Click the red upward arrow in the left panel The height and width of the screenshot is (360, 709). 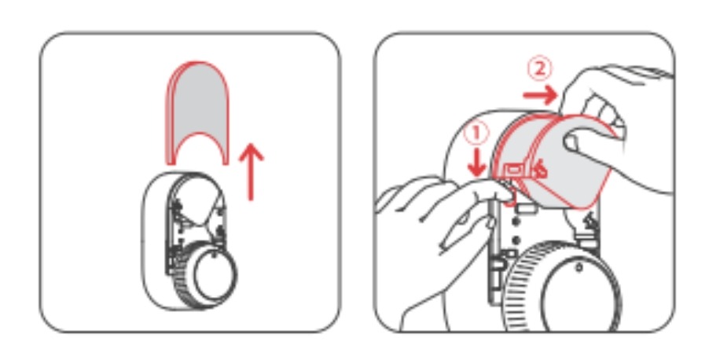pos(251,173)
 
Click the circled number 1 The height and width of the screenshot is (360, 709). pos(476,134)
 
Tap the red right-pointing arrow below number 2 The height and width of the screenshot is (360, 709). pos(540,95)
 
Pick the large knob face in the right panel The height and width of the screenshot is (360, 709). pos(581,294)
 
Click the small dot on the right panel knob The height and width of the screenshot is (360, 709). pos(579,268)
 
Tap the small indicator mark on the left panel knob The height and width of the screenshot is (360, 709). pos(214,256)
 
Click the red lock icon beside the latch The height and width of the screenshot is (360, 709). pos(539,171)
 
